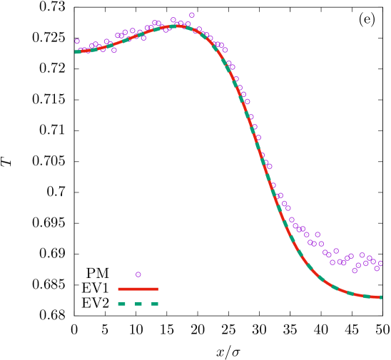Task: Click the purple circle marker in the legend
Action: point(138,274)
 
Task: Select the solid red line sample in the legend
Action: point(138,289)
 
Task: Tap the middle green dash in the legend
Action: point(138,304)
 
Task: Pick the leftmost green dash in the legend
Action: point(121,304)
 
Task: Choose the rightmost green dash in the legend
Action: point(155,304)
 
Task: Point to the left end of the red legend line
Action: point(118,289)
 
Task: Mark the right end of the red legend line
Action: point(158,289)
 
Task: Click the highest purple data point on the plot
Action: point(192,15)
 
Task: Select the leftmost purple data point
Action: point(77,41)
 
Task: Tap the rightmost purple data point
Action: point(380,263)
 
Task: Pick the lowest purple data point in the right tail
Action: point(355,270)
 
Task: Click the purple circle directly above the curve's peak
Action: point(173,20)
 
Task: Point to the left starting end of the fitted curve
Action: point(76,52)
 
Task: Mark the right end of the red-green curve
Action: point(381,297)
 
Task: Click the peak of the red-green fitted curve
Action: point(176,26)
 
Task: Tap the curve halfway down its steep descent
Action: point(261,157)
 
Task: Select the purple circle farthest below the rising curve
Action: point(113,50)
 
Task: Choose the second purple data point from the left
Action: point(84,50)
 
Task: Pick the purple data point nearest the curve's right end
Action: point(377,268)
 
